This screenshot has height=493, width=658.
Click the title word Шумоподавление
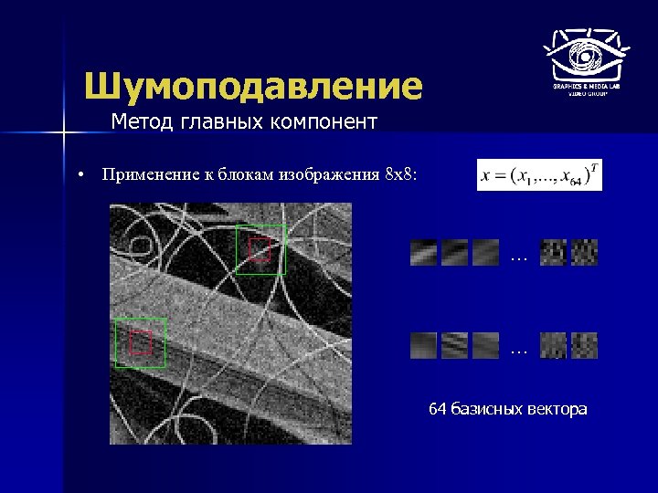[253, 87]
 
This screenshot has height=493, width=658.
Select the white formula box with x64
[539, 174]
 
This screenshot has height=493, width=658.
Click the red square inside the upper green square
[260, 250]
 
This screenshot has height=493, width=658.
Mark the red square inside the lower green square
[139, 343]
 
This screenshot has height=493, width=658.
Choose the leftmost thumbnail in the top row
[424, 252]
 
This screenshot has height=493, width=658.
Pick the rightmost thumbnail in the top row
[584, 252]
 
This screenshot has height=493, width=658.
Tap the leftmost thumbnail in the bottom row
[424, 345]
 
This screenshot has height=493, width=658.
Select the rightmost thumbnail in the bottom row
[584, 345]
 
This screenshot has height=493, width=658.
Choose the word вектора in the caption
[557, 409]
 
